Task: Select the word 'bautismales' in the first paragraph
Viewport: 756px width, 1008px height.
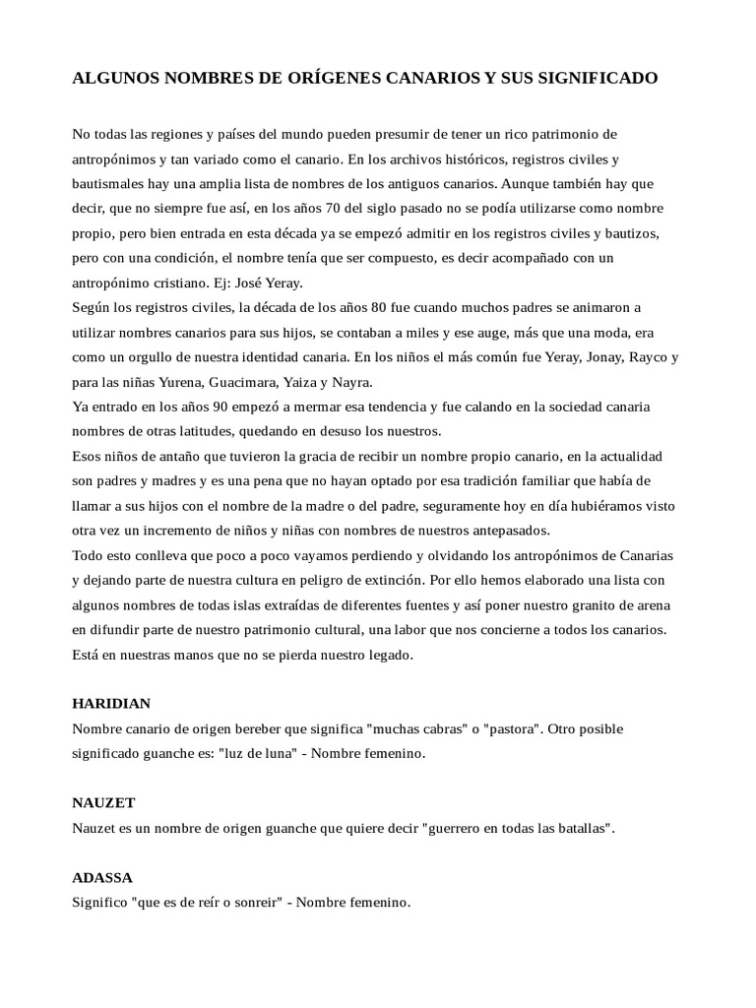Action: (x=107, y=183)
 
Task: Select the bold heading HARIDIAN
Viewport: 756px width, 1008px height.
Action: (x=111, y=704)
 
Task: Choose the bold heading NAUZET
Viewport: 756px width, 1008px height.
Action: (x=102, y=803)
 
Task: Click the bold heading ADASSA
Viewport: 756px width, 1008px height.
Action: (x=102, y=877)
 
